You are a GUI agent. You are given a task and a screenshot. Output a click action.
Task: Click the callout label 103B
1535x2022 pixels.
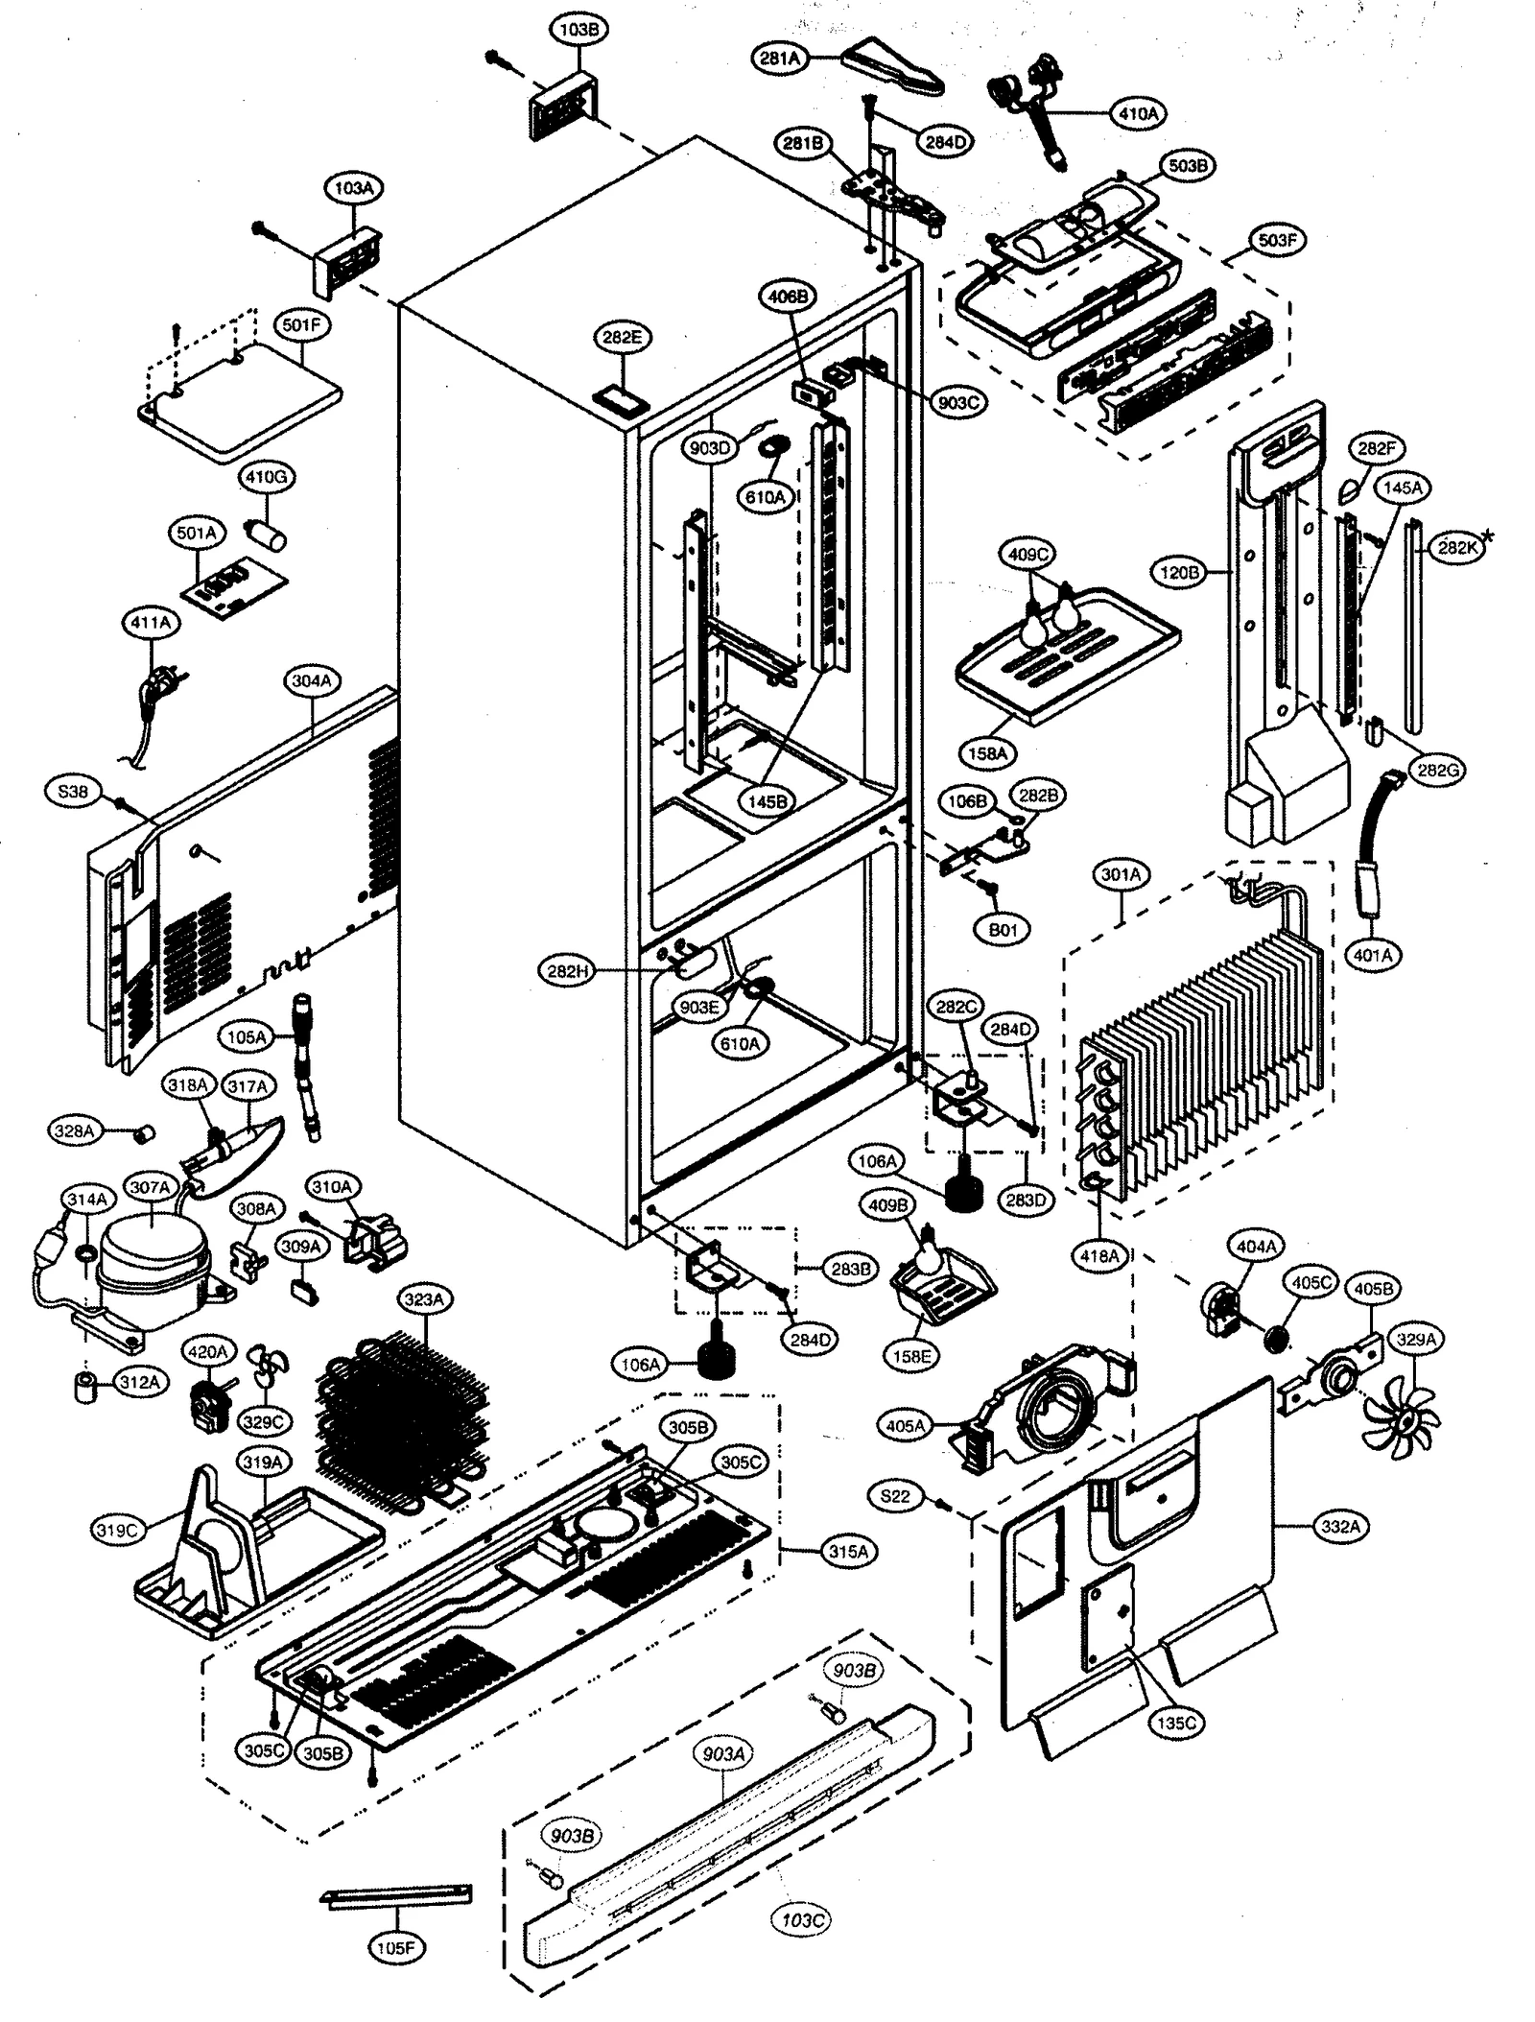click(x=578, y=30)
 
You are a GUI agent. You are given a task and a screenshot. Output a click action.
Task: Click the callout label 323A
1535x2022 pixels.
click(x=424, y=1300)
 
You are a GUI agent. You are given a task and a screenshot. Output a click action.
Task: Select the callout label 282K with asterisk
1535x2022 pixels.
click(x=1456, y=547)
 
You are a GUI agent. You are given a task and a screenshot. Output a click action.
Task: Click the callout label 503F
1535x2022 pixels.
click(x=1277, y=240)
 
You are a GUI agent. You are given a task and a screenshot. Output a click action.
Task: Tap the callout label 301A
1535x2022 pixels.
click(x=1121, y=874)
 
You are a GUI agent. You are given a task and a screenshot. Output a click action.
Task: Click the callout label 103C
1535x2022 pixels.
click(x=801, y=1913)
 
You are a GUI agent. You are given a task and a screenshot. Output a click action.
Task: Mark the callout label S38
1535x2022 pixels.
click(x=73, y=792)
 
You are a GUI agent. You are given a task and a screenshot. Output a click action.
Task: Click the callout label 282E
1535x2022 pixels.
click(x=622, y=337)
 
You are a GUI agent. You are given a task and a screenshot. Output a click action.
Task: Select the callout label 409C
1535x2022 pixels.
click(x=1029, y=554)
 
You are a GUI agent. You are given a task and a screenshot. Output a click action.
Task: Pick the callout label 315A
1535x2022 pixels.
click(x=848, y=1550)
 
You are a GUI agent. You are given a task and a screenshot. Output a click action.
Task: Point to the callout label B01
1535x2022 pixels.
click(x=1003, y=930)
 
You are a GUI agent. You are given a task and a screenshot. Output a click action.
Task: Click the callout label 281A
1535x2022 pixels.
click(x=780, y=58)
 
